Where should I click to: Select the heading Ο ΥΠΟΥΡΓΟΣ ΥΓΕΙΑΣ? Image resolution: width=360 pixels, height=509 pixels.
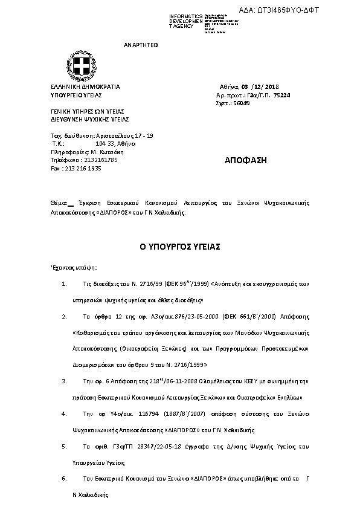click(x=179, y=247)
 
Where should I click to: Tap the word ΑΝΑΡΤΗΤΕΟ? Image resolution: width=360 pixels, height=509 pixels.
click(x=140, y=45)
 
